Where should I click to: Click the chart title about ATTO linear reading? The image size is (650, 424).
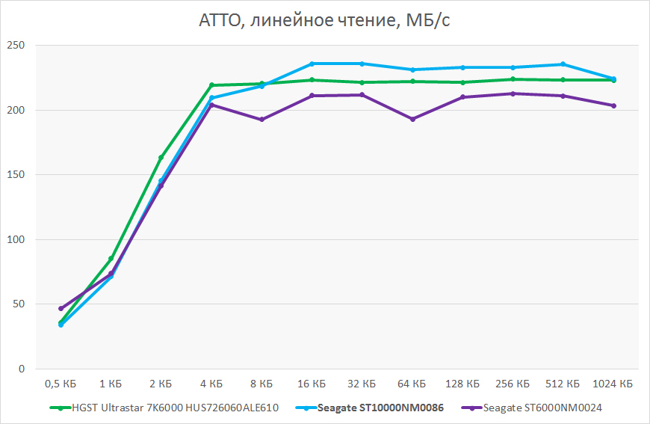pos(324,20)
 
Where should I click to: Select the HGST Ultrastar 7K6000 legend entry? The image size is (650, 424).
pos(176,408)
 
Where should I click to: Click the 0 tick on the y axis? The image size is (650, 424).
pos(21,369)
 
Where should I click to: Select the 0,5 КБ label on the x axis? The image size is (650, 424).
pos(61,384)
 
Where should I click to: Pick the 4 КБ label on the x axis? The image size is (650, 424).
pos(211,384)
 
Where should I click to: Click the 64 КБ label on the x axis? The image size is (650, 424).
pos(412,384)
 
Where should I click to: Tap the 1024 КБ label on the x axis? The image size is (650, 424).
pos(613,384)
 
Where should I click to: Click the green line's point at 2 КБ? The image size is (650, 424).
pos(161,158)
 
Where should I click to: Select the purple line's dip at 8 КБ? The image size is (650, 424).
pos(261,120)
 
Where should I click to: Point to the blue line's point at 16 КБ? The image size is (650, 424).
pos(312,64)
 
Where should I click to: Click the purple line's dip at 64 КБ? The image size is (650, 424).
pos(412,119)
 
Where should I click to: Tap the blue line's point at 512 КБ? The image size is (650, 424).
pos(563,64)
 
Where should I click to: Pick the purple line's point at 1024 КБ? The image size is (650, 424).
pos(613,105)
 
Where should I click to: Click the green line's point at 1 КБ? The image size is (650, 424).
pos(111,259)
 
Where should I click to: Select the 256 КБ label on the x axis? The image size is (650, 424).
pos(513,384)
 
